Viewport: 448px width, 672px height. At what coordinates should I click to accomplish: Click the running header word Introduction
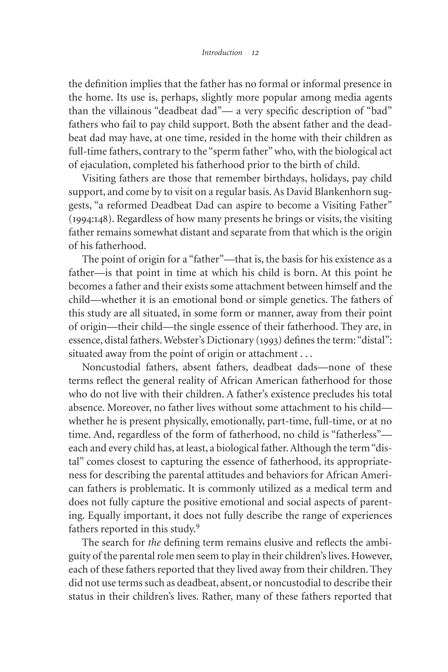222,53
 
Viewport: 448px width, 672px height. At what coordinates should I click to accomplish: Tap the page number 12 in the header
255,53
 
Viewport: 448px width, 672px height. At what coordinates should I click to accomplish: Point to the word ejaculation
105,165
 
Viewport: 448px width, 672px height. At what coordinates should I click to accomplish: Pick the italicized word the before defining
154,542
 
